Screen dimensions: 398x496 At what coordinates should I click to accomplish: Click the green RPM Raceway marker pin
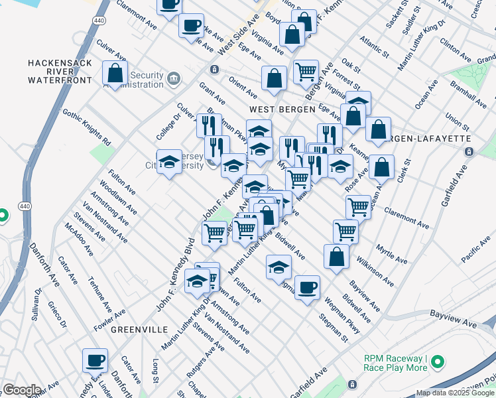coord(437,362)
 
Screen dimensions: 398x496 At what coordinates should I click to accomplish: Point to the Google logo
coord(22,390)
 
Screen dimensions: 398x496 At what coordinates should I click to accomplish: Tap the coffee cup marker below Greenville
coord(95,360)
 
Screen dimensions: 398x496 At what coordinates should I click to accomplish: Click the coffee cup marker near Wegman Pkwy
coord(306,287)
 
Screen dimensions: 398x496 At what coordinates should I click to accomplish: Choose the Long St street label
coord(157,373)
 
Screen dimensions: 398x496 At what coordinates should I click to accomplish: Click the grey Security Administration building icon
coord(174,78)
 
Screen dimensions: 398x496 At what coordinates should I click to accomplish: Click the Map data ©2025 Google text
coord(455,393)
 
